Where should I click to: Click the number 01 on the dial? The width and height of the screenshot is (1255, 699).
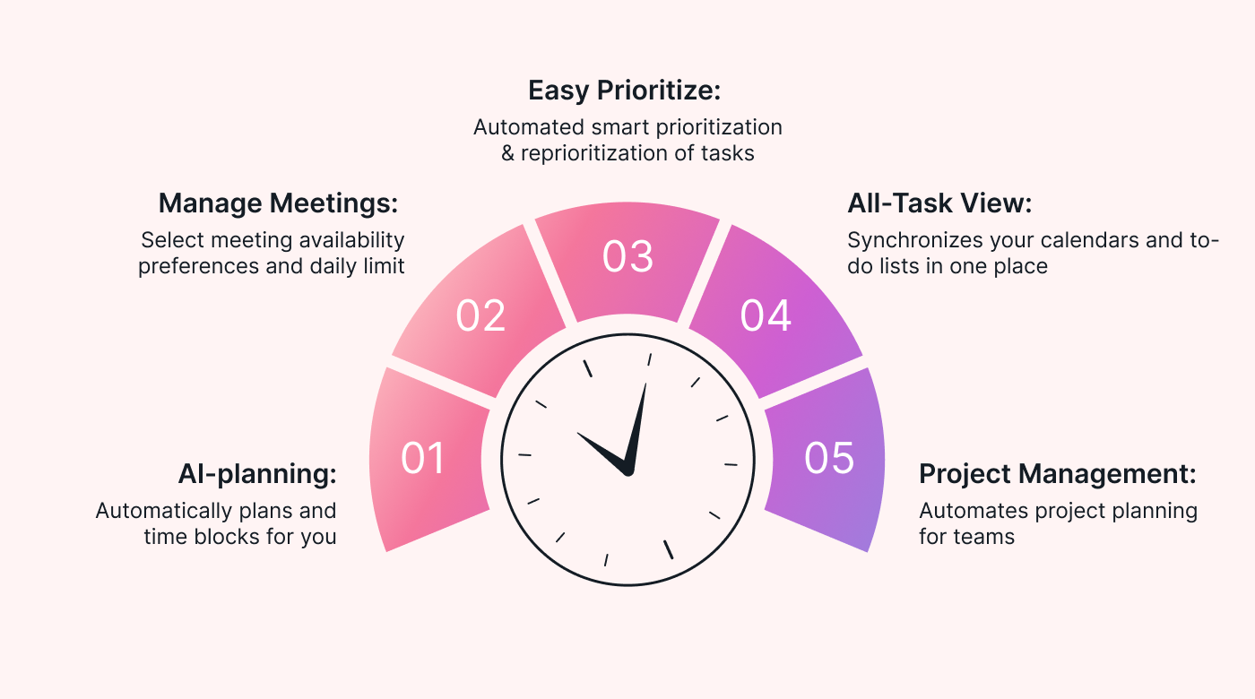423,458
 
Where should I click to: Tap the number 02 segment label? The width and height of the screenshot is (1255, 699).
480,315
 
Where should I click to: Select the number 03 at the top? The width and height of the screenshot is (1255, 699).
627,256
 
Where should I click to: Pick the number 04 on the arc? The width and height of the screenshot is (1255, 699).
766,315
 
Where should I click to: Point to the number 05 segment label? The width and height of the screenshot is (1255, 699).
829,458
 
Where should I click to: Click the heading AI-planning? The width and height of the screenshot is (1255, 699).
257,474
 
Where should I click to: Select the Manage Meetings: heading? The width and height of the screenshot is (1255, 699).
278,203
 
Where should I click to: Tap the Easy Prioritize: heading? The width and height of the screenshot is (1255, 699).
625,91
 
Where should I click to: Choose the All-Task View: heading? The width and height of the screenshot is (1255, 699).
940,203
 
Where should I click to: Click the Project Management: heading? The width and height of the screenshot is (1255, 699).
1058,474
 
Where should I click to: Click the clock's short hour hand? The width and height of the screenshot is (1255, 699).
601,451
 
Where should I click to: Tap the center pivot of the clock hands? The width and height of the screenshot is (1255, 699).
627,470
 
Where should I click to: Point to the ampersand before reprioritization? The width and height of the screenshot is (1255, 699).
508,153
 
